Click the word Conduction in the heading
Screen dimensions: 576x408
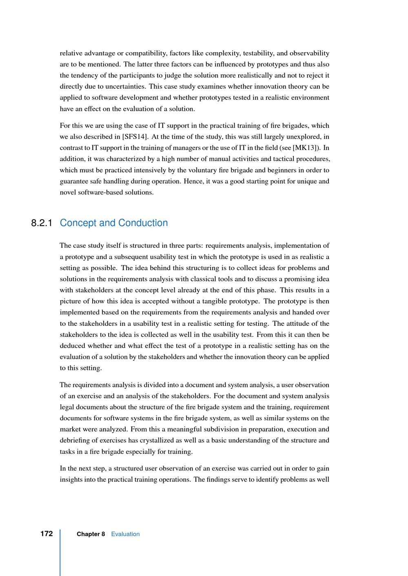[x=143, y=223]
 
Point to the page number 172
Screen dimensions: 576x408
[x=47, y=534]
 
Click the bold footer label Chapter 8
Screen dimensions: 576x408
[x=91, y=534]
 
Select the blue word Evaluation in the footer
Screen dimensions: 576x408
[x=125, y=534]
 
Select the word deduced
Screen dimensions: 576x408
[x=72, y=345]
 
